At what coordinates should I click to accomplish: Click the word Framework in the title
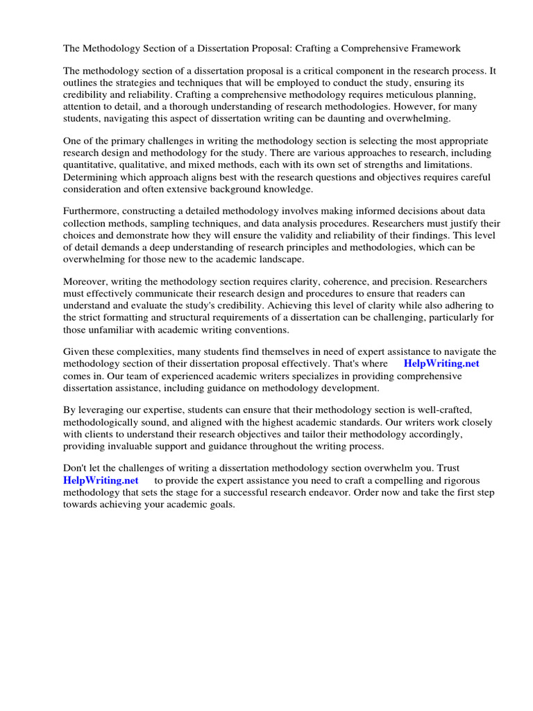[x=434, y=49]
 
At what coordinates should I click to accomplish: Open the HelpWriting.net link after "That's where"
[x=441, y=363]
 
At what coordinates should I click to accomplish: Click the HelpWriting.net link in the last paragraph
[x=101, y=480]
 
